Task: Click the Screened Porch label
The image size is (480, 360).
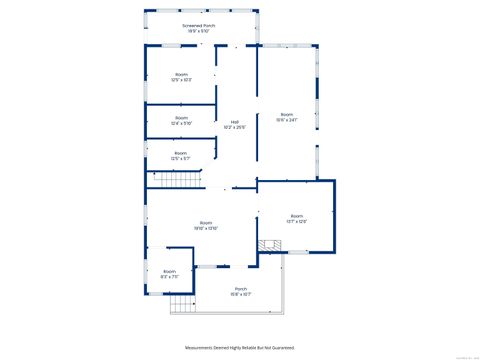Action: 198,25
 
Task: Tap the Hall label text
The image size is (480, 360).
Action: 235,122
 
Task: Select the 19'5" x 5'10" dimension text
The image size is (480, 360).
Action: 198,31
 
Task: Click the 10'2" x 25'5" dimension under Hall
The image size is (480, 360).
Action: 235,128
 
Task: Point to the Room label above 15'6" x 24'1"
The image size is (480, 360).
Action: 287,114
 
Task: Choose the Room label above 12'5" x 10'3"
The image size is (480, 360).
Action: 182,74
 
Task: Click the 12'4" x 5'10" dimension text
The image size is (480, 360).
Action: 181,123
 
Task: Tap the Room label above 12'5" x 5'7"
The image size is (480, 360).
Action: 180,153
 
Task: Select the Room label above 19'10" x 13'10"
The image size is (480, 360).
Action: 206,222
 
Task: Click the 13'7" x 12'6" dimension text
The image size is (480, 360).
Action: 297,221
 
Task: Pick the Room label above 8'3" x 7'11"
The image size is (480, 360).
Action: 170,271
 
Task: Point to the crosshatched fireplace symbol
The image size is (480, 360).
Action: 266,245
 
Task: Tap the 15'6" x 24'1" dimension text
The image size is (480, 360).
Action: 287,120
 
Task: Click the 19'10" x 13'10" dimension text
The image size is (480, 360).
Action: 206,228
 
